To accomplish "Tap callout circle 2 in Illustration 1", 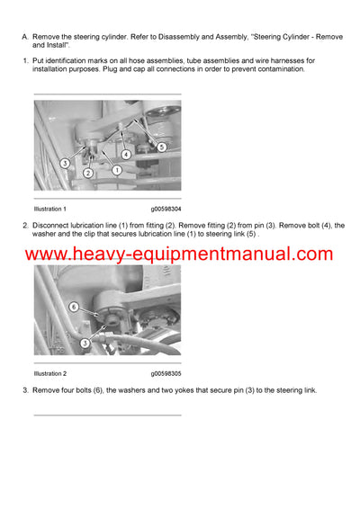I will click(87, 173).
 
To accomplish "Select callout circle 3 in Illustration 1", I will click(65, 163).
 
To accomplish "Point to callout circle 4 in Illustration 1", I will click(126, 154).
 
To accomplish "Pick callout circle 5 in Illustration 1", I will click(161, 146).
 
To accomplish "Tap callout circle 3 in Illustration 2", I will click(85, 343).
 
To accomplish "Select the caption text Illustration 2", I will click(50, 372).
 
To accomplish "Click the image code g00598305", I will click(166, 372).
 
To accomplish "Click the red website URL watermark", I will click(180, 254).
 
